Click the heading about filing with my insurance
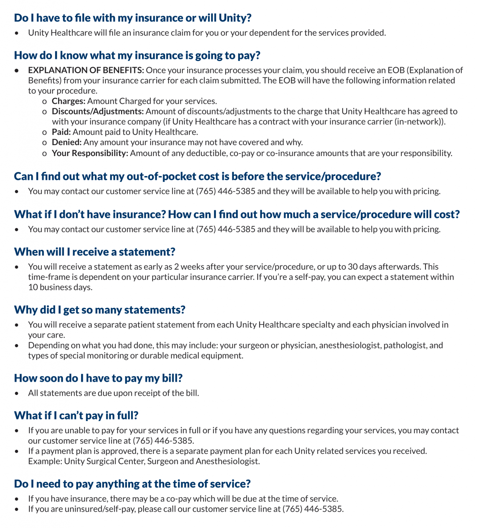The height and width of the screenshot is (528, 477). (x=133, y=18)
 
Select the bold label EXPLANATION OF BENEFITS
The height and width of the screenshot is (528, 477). (x=86, y=70)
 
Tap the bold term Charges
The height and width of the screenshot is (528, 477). (x=68, y=101)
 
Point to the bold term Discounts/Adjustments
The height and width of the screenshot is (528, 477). (x=98, y=111)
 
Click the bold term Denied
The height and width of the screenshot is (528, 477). (x=67, y=142)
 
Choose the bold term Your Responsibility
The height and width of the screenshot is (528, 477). (x=90, y=153)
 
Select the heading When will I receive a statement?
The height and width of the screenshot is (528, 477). (x=95, y=252)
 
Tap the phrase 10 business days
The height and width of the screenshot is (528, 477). (x=60, y=287)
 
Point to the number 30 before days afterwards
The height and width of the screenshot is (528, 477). (x=353, y=267)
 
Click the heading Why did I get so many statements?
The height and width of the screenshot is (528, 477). (x=100, y=310)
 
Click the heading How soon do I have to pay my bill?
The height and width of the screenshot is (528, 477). (x=98, y=378)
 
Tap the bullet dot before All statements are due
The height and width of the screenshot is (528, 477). (x=17, y=393)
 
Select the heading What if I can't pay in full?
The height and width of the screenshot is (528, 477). (x=76, y=416)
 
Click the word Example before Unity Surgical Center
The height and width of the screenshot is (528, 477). (x=44, y=461)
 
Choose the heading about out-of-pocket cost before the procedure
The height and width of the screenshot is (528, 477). (x=197, y=176)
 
